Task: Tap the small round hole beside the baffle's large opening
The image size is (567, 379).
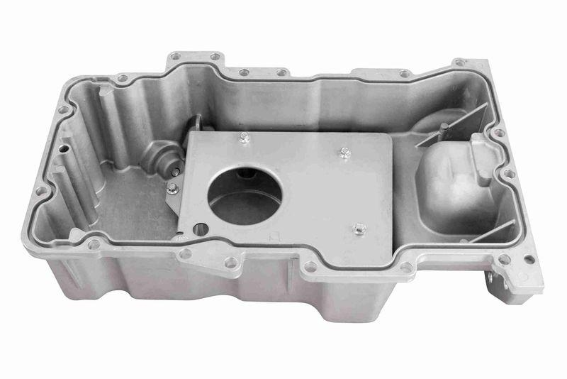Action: pos(201,229)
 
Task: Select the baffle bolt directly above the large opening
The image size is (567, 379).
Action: pos(244,138)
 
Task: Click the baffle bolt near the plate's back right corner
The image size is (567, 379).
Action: pos(344,152)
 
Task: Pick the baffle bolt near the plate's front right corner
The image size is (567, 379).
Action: pos(359,229)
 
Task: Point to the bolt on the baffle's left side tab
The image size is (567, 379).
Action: pos(172,188)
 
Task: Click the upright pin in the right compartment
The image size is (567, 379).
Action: pos(442,130)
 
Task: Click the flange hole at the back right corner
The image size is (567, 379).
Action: pos(459,62)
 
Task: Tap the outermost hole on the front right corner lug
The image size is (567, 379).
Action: pos(527,258)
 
